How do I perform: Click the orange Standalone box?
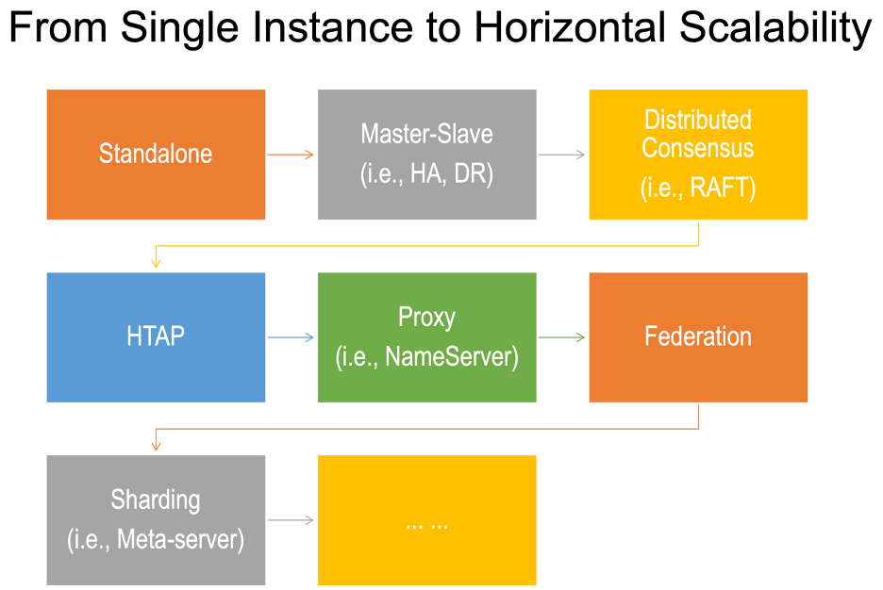click(156, 154)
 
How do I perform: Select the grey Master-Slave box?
click(426, 154)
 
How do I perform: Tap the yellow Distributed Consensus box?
click(698, 154)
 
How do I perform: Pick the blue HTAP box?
click(156, 336)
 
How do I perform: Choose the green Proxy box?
click(426, 336)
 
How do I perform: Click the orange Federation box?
click(698, 336)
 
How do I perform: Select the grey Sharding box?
click(156, 519)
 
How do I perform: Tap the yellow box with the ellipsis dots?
click(426, 519)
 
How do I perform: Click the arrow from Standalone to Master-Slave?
click(291, 155)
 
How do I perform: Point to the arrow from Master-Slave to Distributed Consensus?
click(562, 155)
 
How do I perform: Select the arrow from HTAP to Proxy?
click(291, 337)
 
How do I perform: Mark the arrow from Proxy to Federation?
click(562, 337)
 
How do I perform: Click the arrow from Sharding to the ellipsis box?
click(291, 520)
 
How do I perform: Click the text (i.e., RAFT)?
click(698, 188)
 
